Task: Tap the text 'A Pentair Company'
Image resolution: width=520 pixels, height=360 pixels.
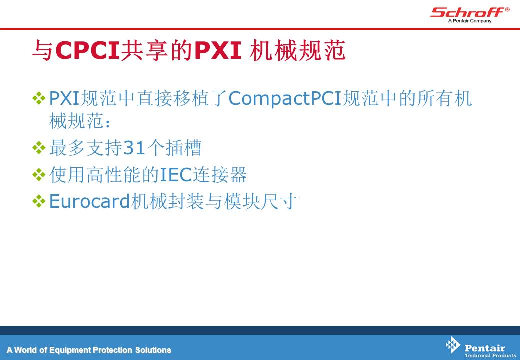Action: click(470, 21)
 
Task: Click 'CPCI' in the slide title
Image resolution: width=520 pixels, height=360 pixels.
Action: click(87, 50)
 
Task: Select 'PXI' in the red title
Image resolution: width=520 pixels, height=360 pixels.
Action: click(218, 50)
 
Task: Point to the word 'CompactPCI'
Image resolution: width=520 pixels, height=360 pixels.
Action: click(285, 99)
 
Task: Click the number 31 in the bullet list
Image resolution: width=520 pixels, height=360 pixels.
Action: click(134, 148)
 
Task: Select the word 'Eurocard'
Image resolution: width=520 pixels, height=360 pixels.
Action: click(89, 201)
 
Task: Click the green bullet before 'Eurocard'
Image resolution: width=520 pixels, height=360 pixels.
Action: click(39, 201)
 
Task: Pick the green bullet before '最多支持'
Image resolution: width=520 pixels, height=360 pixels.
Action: click(39, 148)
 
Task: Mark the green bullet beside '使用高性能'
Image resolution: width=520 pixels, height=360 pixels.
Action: click(39, 174)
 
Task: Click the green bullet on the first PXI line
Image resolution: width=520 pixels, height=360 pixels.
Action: click(39, 99)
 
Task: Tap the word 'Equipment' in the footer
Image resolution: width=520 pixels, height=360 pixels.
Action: click(70, 350)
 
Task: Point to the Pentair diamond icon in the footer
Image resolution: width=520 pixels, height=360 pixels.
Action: click(453, 345)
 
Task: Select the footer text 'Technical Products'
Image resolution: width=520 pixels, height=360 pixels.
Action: click(490, 356)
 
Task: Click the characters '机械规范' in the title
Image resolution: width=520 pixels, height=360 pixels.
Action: click(298, 50)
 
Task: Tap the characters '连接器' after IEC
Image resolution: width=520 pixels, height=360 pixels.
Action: click(220, 174)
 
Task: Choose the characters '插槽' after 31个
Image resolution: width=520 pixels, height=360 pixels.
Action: click(183, 148)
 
